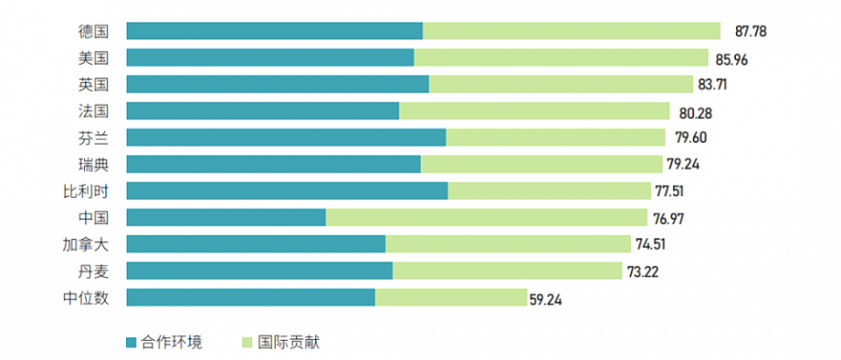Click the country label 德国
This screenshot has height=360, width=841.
(93, 32)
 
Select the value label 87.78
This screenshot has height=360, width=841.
(751, 32)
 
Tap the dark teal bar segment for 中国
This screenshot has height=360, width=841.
(226, 217)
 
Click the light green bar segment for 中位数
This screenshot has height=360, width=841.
(450, 298)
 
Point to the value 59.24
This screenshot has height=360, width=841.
(546, 299)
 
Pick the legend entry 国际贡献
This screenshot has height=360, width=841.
(286, 342)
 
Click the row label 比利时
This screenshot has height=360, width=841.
(87, 191)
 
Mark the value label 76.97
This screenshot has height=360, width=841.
(668, 217)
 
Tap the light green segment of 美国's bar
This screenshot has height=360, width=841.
(561, 58)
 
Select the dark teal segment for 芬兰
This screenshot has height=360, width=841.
(286, 138)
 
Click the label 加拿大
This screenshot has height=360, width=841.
(87, 244)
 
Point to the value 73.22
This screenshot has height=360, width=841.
(643, 272)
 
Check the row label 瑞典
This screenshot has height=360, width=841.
(93, 165)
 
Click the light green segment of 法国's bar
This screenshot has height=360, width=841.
(534, 111)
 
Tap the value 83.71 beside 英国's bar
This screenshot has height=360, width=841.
(712, 85)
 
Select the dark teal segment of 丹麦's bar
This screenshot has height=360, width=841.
(259, 271)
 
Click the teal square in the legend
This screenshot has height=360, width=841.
(131, 342)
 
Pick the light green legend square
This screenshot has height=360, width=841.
(246, 342)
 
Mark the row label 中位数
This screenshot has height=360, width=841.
(87, 298)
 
